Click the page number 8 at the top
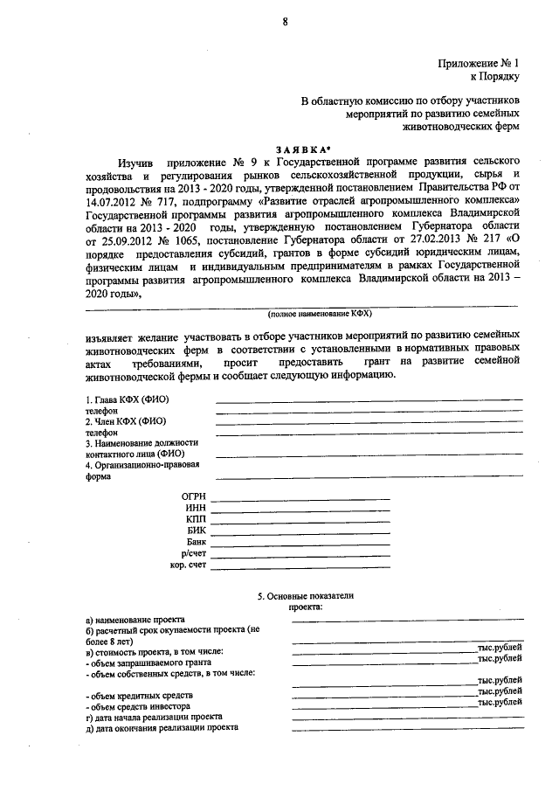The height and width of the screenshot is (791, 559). tap(285, 22)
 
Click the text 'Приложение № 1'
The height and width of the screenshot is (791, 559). tap(479, 63)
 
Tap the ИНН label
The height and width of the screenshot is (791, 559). tap(196, 509)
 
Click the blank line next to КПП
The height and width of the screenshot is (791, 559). tap(301, 521)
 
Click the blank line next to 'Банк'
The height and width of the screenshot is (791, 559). tap(301, 544)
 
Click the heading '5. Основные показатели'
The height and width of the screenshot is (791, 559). tap(305, 595)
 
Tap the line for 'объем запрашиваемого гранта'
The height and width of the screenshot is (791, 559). tap(384, 662)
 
